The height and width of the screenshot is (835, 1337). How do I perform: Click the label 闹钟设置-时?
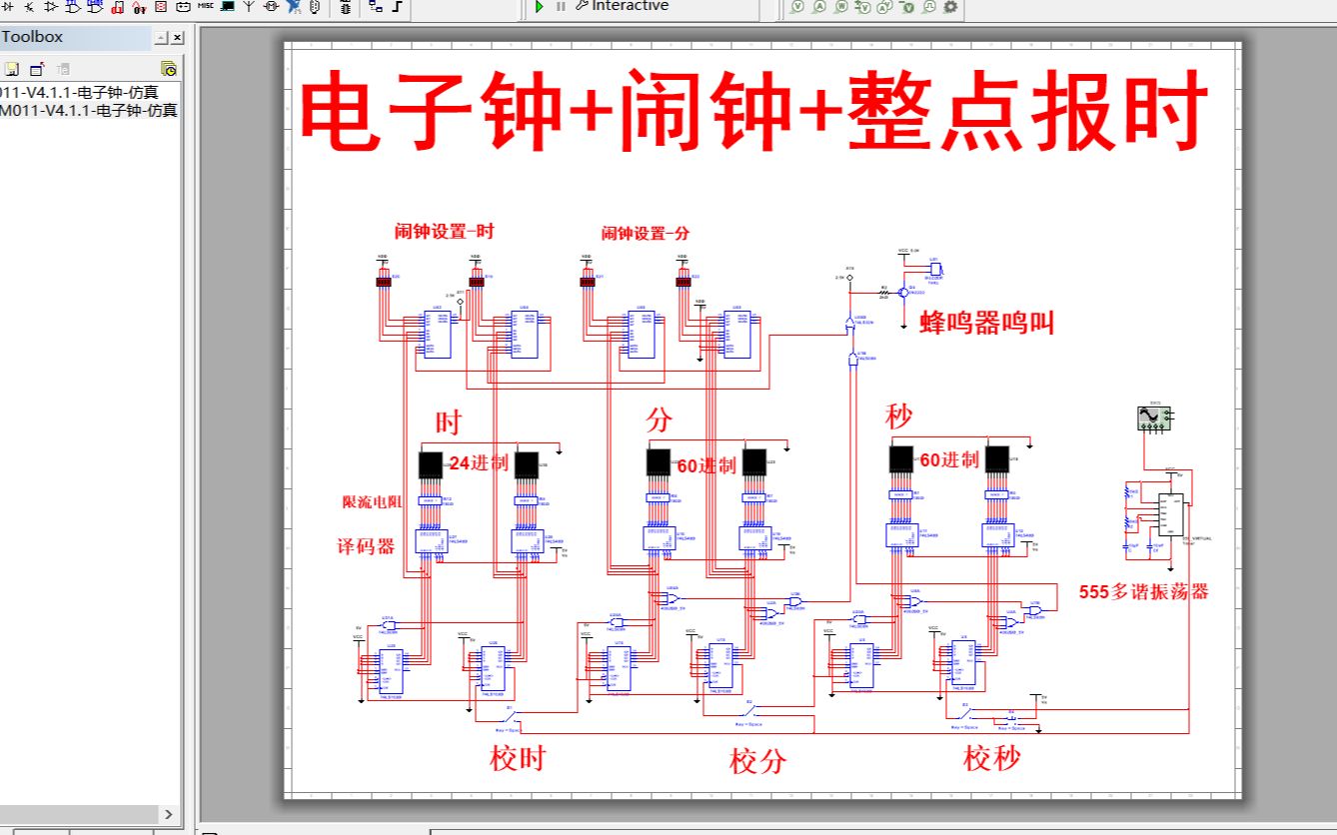tap(444, 232)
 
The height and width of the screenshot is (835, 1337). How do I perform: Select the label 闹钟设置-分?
tap(646, 234)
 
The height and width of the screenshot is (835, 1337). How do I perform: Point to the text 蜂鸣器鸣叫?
tap(986, 323)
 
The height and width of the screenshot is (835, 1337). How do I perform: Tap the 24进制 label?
tap(479, 463)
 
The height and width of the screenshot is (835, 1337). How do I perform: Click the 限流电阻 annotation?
tap(372, 502)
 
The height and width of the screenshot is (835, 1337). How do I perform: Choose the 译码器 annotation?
tap(367, 545)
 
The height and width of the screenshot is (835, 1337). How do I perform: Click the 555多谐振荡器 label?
tap(1144, 591)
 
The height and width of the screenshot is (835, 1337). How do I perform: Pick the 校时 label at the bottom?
tap(518, 759)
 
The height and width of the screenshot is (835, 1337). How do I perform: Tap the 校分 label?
tap(757, 762)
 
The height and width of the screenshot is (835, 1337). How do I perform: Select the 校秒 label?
tap(992, 759)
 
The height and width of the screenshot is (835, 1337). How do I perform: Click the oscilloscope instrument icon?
tap(1155, 417)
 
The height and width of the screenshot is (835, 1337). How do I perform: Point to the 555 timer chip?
tap(1170, 515)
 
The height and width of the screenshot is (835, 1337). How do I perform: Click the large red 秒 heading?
tap(898, 417)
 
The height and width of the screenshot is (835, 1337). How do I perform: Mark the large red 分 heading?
tap(659, 420)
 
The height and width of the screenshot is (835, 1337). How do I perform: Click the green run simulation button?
tap(539, 7)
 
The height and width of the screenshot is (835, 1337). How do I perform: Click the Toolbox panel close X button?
tap(177, 38)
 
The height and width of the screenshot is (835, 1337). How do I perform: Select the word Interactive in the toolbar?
tap(630, 6)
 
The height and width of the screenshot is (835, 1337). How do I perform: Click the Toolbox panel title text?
tap(33, 37)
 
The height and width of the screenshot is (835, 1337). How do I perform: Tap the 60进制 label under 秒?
tap(949, 460)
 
